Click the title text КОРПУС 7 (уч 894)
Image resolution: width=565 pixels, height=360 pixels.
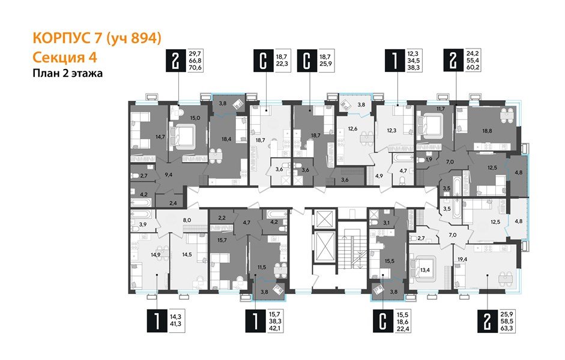(x=97, y=39)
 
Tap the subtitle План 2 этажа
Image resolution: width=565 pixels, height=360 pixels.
(x=67, y=74)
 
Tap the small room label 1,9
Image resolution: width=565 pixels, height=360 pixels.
(x=428, y=160)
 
